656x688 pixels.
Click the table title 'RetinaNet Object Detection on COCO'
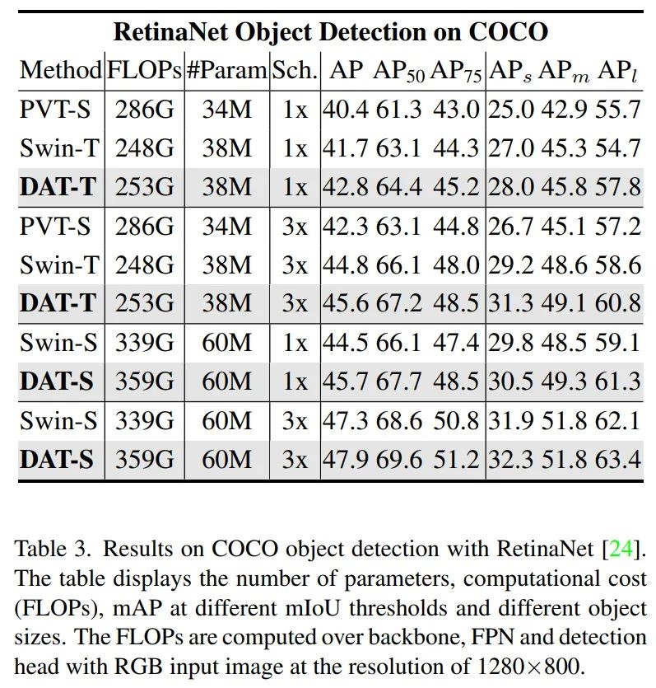(329, 32)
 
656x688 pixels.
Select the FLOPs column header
(144, 70)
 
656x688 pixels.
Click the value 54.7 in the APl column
(618, 148)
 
